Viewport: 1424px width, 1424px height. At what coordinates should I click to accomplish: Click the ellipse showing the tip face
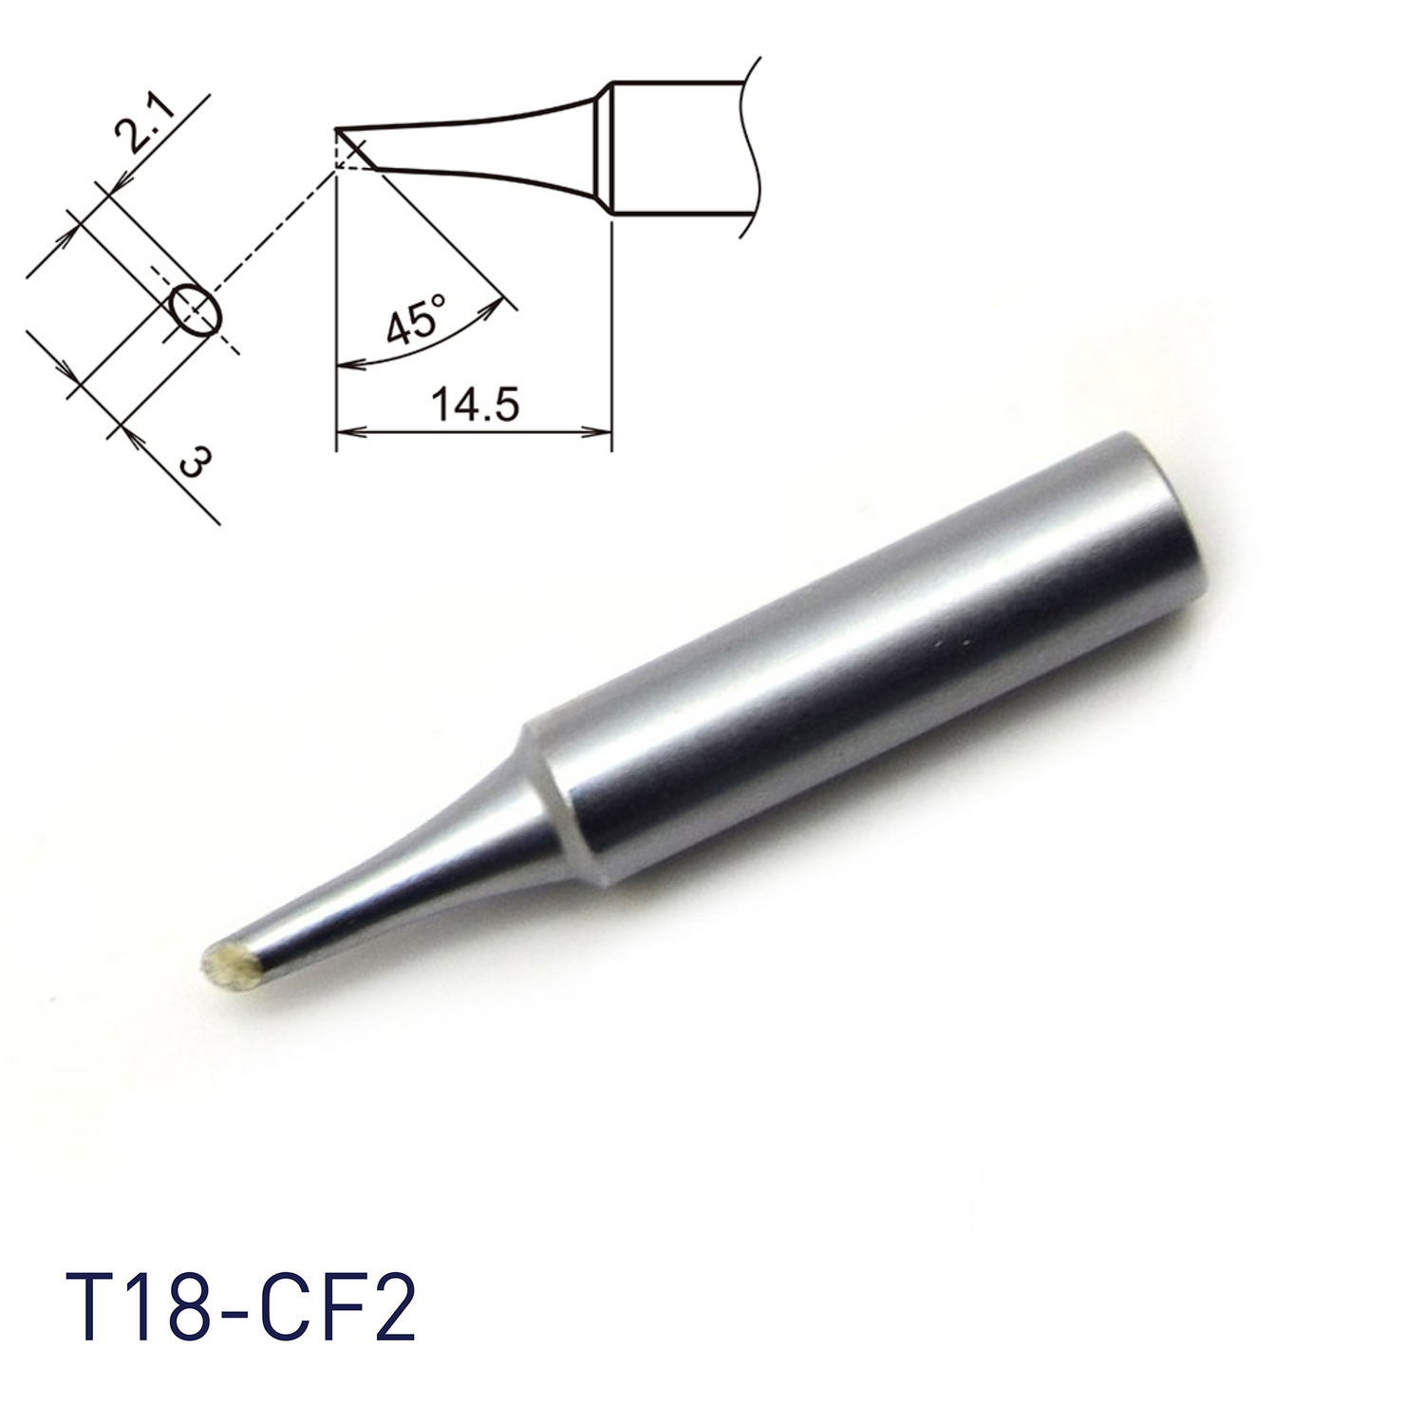pyautogui.click(x=197, y=309)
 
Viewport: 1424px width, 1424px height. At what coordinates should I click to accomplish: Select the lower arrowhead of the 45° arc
pyautogui.click(x=345, y=365)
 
